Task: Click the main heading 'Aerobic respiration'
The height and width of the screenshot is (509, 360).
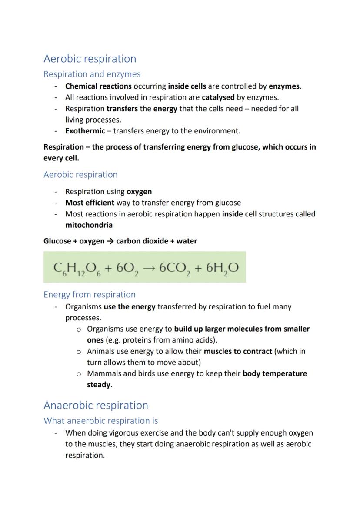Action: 90,59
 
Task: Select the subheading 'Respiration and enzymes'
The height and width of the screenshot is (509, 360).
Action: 92,74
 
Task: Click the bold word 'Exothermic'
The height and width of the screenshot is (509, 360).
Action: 85,131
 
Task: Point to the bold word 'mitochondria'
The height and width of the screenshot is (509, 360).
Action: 89,225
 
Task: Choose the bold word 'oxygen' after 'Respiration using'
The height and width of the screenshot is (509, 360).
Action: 139,192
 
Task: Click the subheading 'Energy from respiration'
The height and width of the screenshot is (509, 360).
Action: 90,295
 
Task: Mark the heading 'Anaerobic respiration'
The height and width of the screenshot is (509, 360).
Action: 96,406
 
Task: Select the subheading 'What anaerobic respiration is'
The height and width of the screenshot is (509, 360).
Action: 100,421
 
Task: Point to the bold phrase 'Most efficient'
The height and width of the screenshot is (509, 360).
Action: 90,203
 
